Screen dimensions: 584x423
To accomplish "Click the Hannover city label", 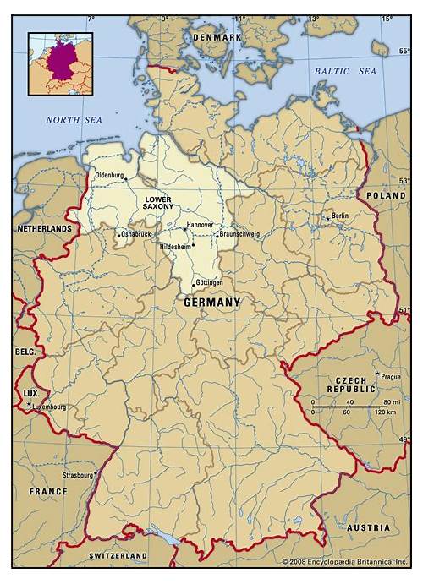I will point(200,226).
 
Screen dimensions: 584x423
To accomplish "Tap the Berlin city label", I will point(340,216).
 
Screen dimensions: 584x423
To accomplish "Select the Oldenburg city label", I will point(110,176).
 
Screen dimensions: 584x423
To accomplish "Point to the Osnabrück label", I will point(136,234).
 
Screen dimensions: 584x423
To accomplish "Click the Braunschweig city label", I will point(239,234).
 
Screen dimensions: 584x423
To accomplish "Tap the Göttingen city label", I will point(208,281).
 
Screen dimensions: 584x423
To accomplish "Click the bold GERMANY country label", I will point(212,302).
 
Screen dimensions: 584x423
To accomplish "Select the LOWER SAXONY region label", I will point(157,203).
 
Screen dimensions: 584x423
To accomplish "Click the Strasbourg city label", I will point(78,475).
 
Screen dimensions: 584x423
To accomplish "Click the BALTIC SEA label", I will point(345,72).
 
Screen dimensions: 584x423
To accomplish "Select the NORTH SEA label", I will point(74,121).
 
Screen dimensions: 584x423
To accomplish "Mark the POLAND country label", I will point(386,194).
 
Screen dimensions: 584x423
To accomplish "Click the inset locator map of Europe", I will point(60,63).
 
